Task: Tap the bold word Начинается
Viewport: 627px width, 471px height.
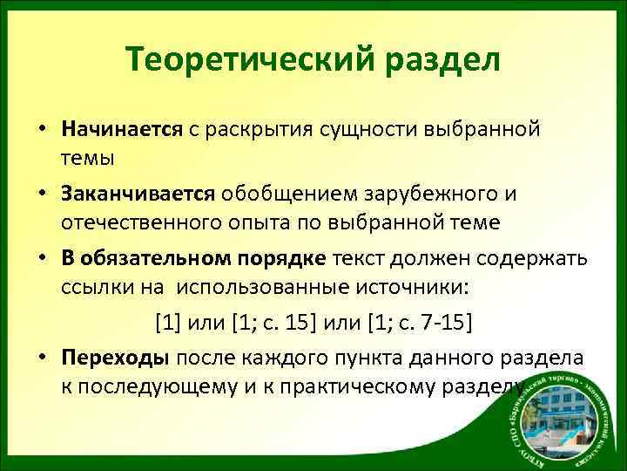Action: click(121, 129)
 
